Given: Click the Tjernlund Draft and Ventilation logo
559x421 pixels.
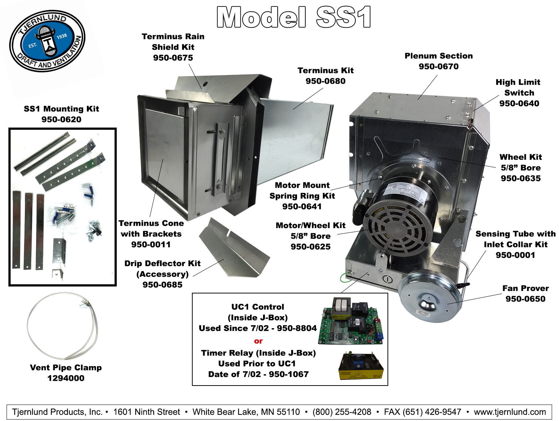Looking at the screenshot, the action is tap(47, 41).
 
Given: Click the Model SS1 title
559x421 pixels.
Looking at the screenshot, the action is tap(294, 17).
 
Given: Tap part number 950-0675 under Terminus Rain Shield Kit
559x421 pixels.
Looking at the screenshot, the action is tap(173, 58).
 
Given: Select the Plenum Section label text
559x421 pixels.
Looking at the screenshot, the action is tap(439, 56).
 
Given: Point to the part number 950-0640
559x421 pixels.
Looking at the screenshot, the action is tap(519, 103).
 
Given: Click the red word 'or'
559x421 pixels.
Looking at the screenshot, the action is tap(258, 341).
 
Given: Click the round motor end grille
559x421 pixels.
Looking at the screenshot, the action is tap(397, 226).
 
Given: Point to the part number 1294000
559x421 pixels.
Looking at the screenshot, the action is tap(66, 378).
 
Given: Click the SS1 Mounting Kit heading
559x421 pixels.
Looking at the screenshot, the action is tap(61, 109).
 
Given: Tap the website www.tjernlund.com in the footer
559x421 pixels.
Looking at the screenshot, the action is tap(510, 412).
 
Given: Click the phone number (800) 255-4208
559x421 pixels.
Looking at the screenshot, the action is tap(342, 412).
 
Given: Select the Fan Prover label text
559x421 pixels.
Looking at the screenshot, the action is tap(525, 288).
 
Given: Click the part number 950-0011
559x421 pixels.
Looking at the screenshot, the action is tap(151, 244).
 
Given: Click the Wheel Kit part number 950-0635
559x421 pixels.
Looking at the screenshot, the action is tap(521, 178).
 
